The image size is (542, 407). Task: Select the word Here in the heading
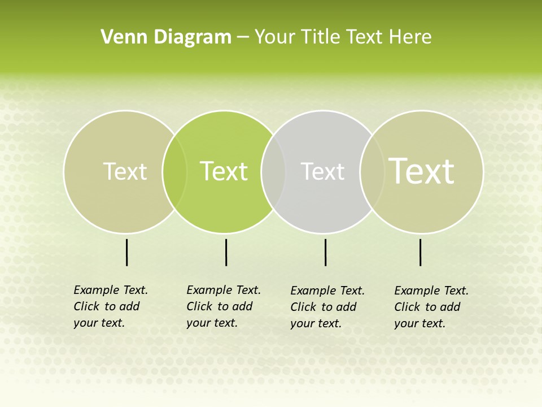(410, 37)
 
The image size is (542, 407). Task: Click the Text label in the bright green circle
(224, 171)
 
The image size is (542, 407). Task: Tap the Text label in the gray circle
(322, 171)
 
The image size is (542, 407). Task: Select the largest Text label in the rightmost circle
(421, 171)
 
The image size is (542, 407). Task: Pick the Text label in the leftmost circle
(125, 171)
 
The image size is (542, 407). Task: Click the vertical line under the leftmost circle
(127, 252)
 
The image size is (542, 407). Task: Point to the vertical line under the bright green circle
(226, 252)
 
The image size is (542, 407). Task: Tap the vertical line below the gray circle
(325, 252)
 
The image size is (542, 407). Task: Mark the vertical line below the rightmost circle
(420, 252)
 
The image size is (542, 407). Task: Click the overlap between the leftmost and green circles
(174, 172)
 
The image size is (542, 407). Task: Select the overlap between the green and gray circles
(273, 172)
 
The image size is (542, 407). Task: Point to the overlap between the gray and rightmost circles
(372, 172)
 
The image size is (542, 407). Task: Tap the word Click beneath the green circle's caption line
(199, 306)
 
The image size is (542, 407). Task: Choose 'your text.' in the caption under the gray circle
(316, 323)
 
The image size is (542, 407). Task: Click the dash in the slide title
(243, 37)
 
